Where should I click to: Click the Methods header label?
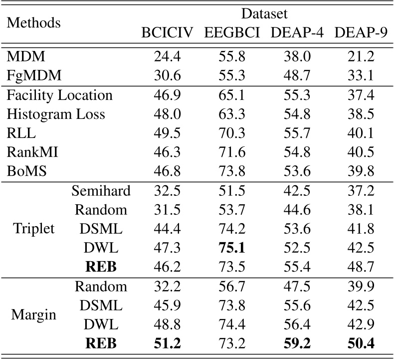coord(34,23)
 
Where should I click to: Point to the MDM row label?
coord(23,57)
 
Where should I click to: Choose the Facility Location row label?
coord(59,95)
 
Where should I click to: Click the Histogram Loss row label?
coord(56,114)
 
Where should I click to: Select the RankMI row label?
coord(32,152)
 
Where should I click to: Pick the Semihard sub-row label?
coord(101,190)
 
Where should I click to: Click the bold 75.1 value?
coord(231,247)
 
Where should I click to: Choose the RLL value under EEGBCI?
coord(231,133)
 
